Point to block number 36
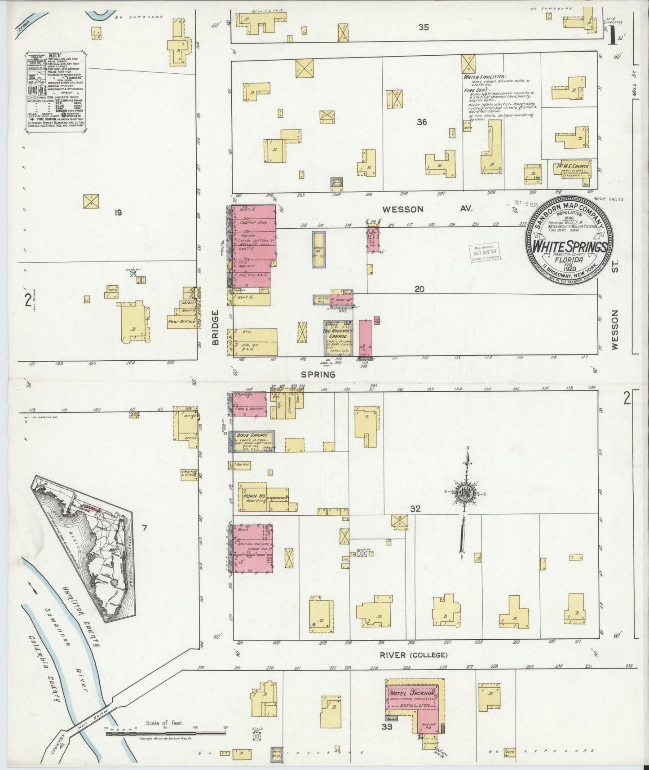click(x=421, y=121)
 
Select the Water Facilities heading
click(x=484, y=77)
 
